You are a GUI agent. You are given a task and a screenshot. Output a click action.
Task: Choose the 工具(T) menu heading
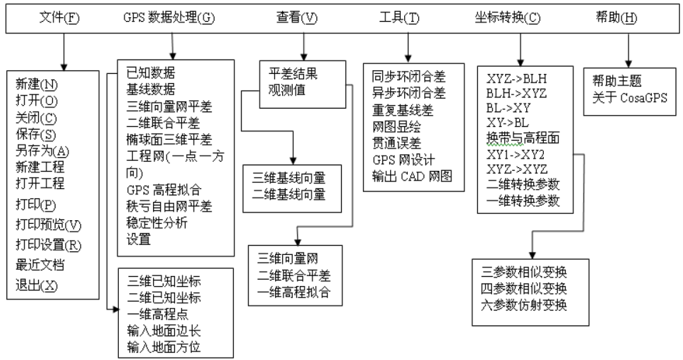click(x=407, y=18)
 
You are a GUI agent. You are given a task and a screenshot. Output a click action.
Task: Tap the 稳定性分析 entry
click(x=157, y=223)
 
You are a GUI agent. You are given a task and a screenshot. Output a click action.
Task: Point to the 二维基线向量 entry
click(x=289, y=194)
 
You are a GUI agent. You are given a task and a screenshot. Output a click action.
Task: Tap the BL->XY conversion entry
click(x=508, y=108)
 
